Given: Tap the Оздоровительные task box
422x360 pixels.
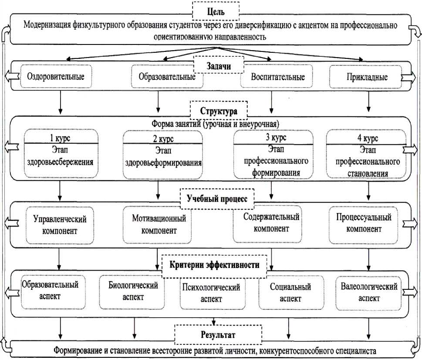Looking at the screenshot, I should (56, 76).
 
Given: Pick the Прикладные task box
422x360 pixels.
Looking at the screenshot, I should (365, 77).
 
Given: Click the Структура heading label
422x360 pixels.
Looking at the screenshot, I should (219, 110).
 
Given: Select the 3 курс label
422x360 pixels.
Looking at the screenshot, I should (272, 137).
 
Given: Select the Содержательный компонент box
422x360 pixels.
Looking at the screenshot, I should (271, 222).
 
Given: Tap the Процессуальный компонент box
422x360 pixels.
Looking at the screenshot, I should (364, 223).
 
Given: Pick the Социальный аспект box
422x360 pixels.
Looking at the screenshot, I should (290, 293).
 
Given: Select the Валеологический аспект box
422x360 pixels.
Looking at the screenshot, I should (369, 292).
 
